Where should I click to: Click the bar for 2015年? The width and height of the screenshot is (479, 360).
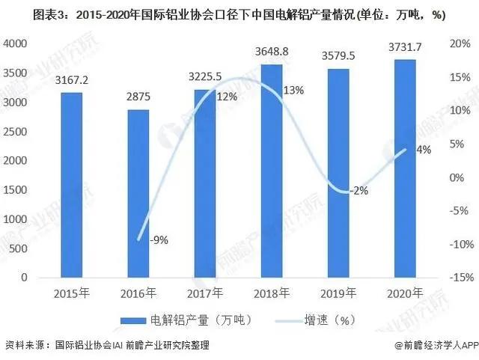[72, 185]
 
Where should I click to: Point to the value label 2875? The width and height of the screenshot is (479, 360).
[138, 100]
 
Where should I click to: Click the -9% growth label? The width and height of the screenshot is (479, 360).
[157, 240]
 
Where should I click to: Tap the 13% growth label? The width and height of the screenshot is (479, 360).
[293, 91]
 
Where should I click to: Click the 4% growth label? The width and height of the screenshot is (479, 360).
[424, 150]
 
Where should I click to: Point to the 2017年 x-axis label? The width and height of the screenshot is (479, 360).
[205, 293]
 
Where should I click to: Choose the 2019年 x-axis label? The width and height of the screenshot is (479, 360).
[338, 293]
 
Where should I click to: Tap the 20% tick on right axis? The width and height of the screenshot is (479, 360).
[460, 45]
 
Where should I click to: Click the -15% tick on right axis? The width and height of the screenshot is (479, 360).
[458, 278]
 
